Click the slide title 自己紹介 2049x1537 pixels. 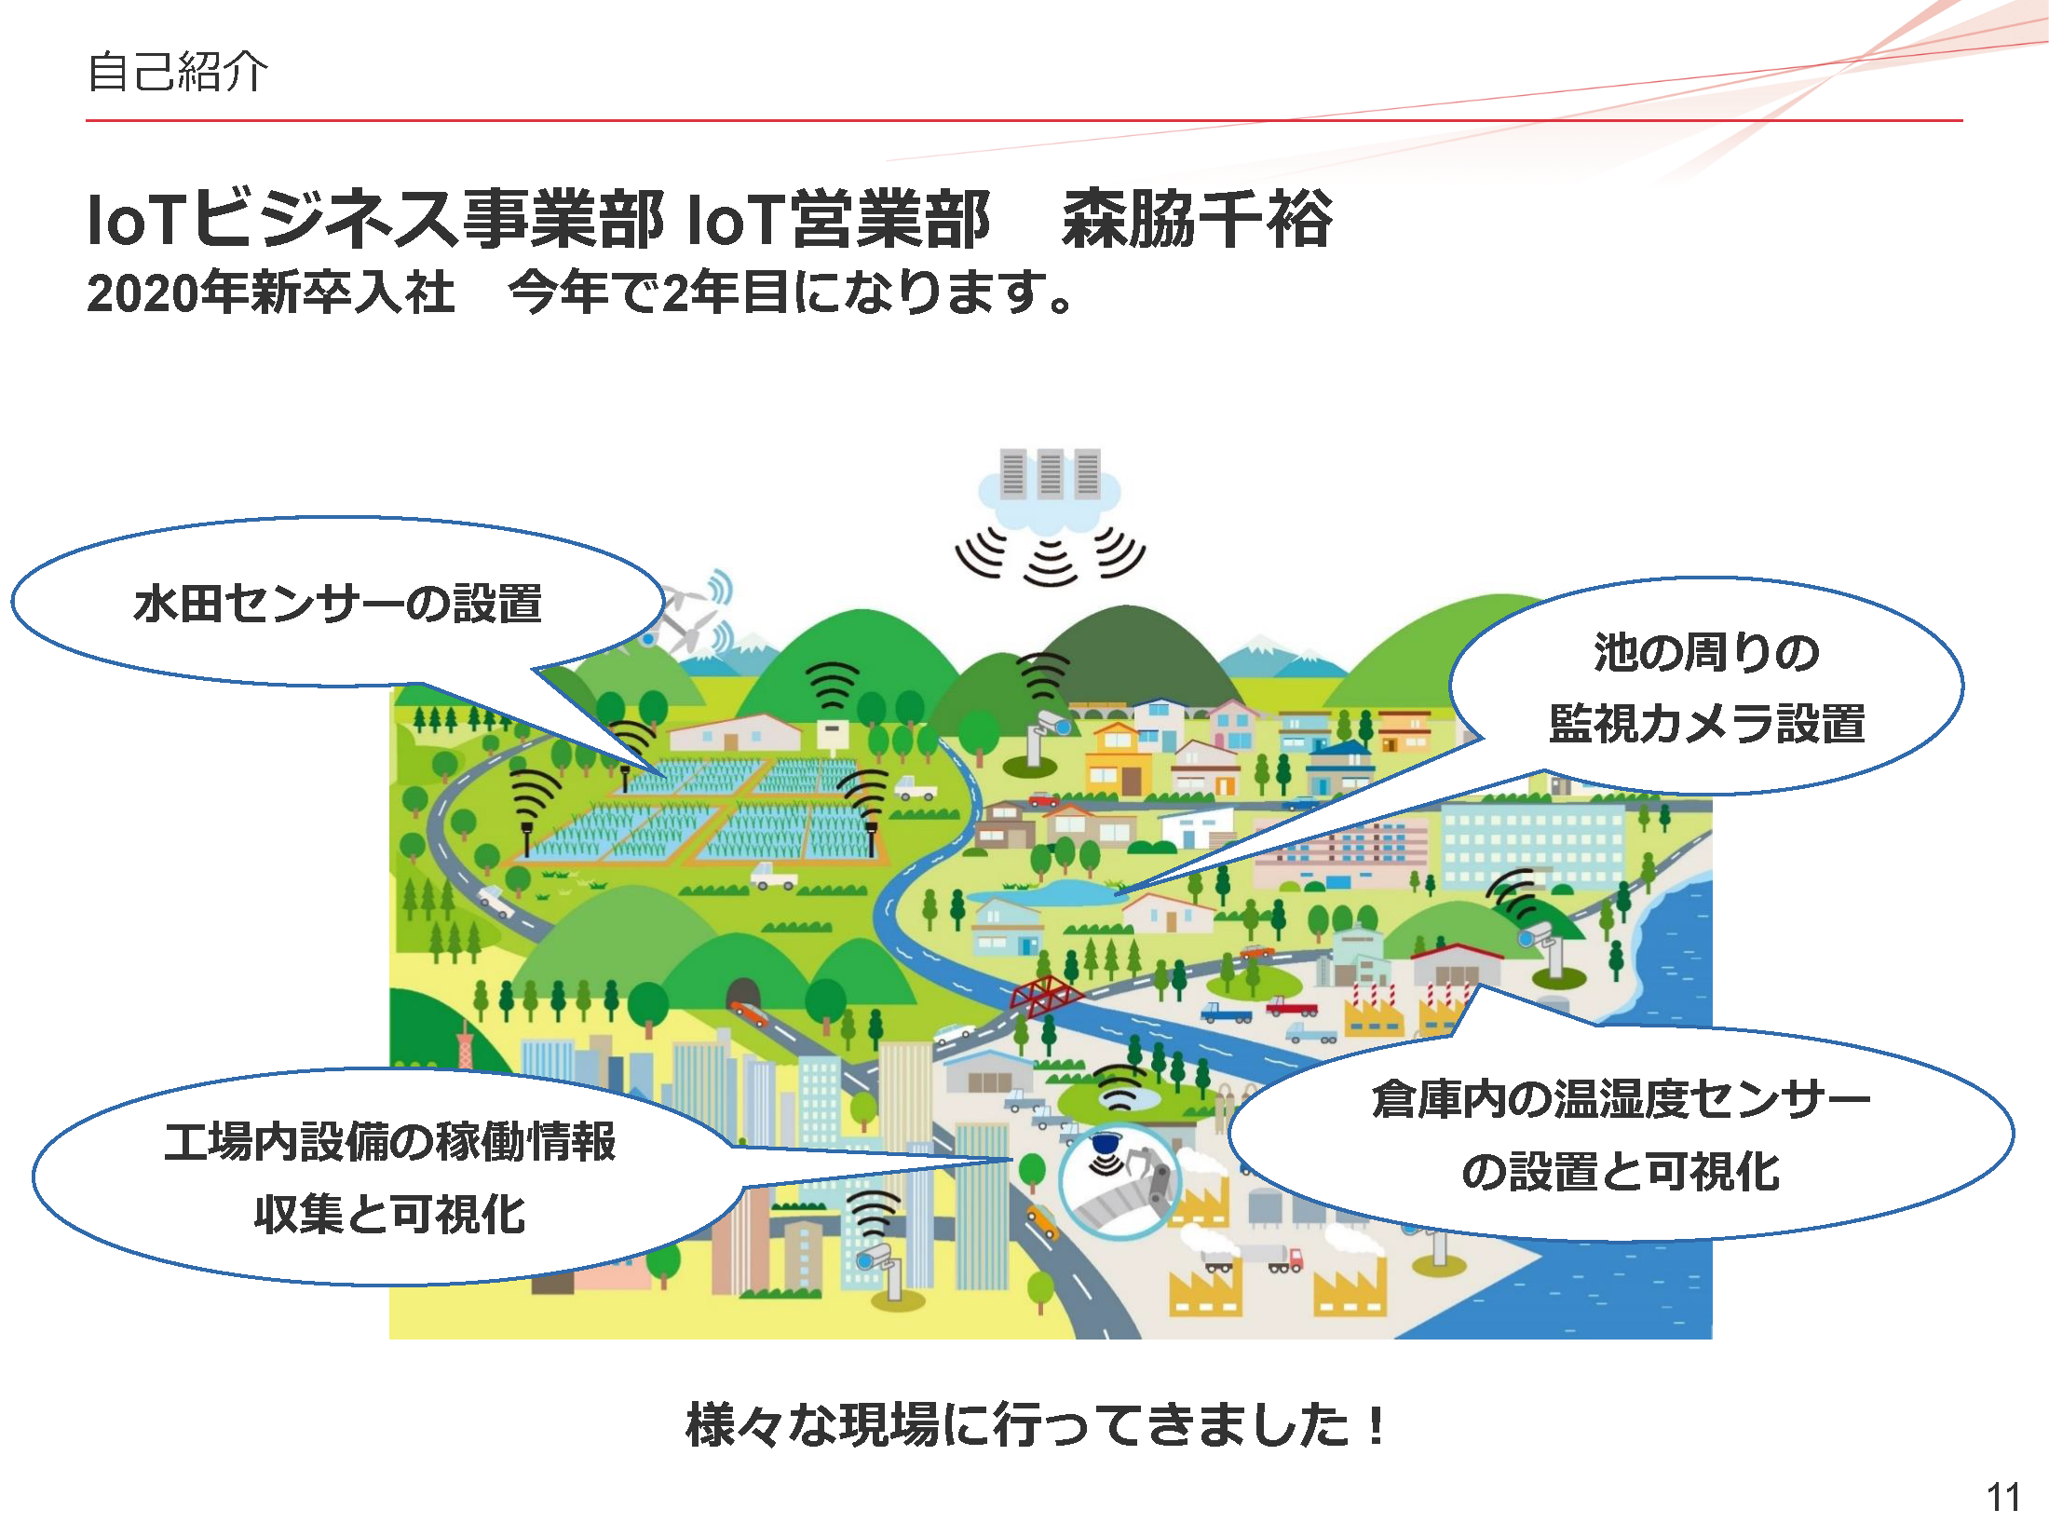(177, 72)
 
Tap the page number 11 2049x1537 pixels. (2003, 1498)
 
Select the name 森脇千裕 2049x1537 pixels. (1198, 220)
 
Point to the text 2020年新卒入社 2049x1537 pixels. (271, 292)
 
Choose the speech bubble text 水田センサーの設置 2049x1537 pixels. (338, 603)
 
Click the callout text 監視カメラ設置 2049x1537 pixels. (1706, 724)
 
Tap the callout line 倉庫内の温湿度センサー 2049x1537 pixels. (1621, 1099)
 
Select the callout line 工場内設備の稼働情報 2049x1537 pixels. (390, 1142)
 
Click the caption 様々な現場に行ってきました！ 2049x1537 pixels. (1035, 1425)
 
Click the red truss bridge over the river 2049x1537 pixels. (1045, 996)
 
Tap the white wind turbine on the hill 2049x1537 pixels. (687, 619)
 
